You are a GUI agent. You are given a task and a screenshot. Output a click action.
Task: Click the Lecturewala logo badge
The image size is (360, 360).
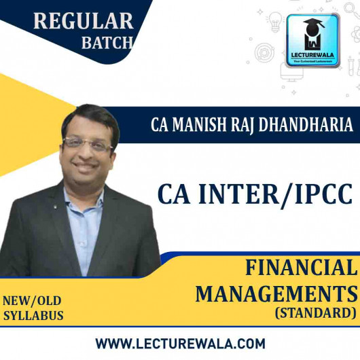click(314, 41)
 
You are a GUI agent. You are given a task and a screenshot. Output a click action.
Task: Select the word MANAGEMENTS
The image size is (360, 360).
click(276, 294)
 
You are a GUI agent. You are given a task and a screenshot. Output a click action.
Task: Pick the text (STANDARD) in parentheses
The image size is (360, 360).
click(318, 314)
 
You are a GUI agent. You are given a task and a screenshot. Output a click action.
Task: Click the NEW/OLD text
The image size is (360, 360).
click(32, 301)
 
